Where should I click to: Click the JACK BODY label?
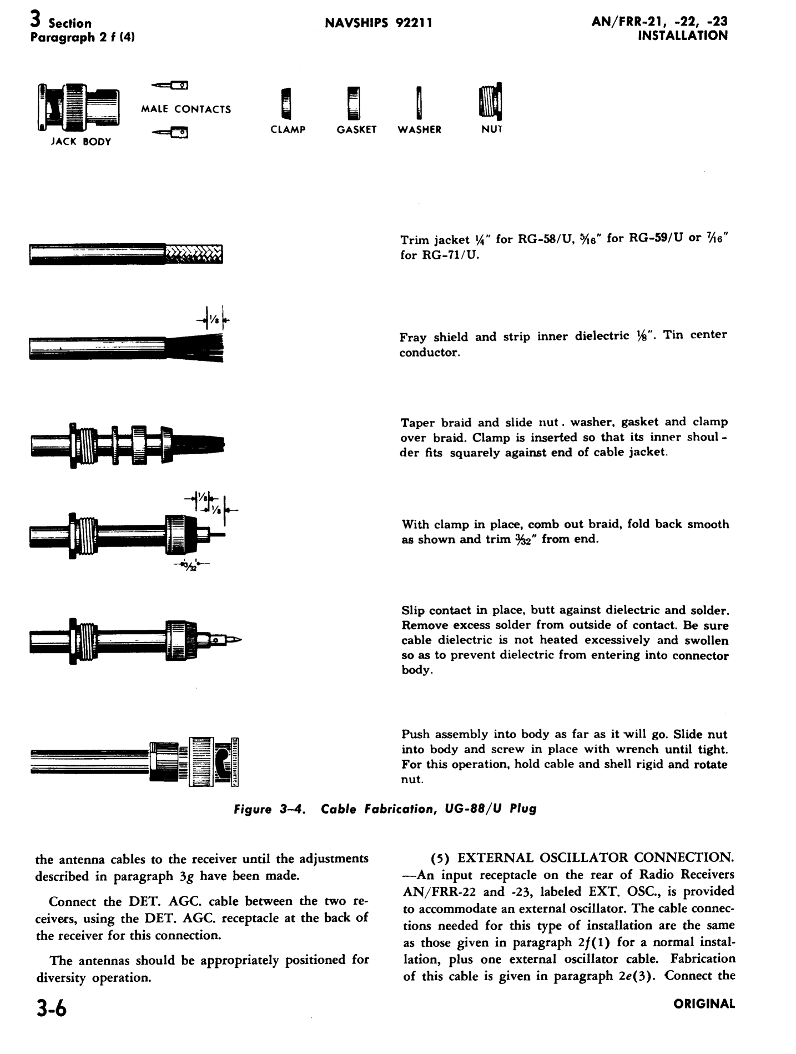(x=81, y=142)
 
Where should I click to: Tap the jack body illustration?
(x=78, y=107)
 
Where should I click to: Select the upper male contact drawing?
(x=170, y=86)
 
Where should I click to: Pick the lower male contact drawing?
(x=170, y=133)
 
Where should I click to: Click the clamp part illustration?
(x=286, y=104)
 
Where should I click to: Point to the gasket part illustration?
(x=354, y=103)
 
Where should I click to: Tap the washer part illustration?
(x=420, y=103)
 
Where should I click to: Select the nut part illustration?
(x=491, y=102)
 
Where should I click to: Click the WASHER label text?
(x=420, y=130)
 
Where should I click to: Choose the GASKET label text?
(x=356, y=130)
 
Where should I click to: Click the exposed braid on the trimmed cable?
(x=194, y=254)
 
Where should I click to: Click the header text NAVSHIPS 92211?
(x=378, y=23)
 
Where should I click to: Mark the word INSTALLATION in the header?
(x=683, y=36)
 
